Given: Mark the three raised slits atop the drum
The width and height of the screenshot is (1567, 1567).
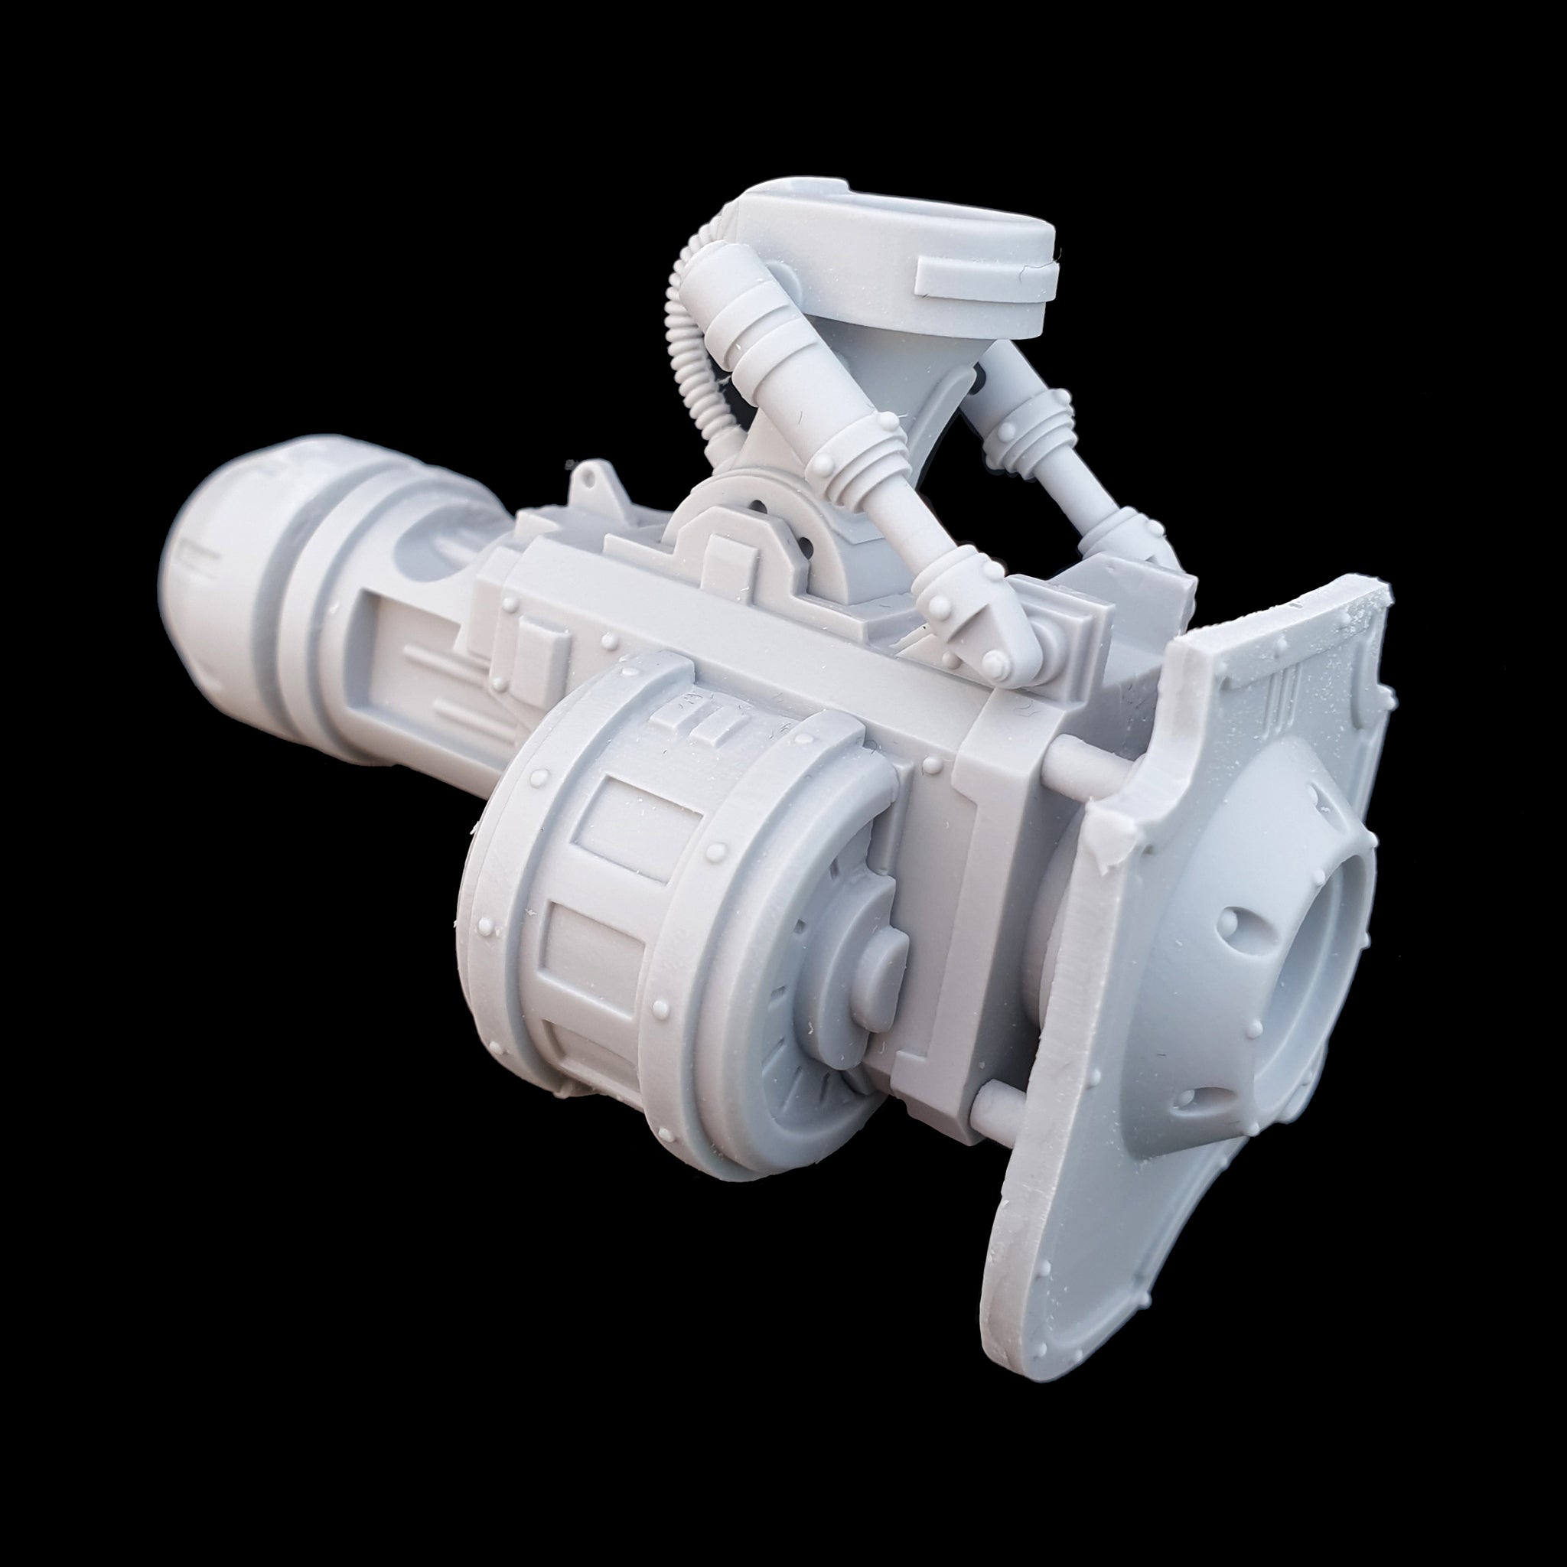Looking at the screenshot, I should click(x=698, y=718).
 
